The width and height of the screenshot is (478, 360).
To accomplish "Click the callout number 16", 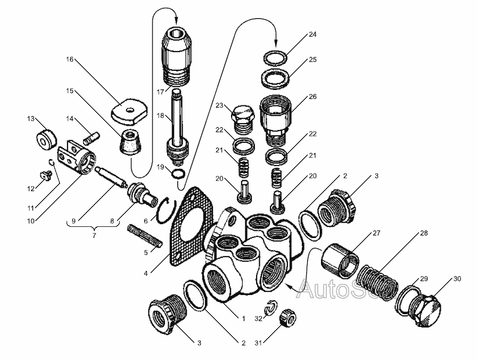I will pyautogui.click(x=70, y=59).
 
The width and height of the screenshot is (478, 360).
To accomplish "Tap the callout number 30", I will pyautogui.click(x=457, y=279).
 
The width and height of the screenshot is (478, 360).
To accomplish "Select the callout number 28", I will pyautogui.click(x=424, y=234).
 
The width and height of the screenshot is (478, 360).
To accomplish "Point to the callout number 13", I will pyautogui.click(x=30, y=118).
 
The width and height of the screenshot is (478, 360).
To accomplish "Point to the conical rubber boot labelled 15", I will pyautogui.click(x=130, y=143).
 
